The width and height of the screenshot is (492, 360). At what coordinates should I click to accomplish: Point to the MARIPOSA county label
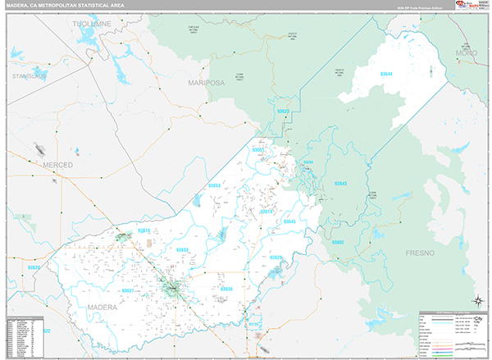(x=206, y=83)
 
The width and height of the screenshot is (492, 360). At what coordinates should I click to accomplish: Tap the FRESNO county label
(x=424, y=254)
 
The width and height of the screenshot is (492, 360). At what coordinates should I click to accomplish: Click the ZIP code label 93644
(x=387, y=75)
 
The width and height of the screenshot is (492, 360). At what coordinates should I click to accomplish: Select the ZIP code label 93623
(x=284, y=110)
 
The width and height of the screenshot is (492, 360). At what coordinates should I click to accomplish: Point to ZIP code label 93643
(x=340, y=184)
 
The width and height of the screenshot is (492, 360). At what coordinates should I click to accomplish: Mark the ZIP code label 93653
(x=214, y=185)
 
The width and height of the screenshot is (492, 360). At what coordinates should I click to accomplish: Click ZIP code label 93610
(x=144, y=231)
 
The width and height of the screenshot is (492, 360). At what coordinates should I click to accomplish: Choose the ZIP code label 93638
(x=182, y=249)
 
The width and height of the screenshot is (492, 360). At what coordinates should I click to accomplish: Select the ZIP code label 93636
(x=226, y=289)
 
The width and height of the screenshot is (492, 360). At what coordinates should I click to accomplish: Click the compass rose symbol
(x=477, y=299)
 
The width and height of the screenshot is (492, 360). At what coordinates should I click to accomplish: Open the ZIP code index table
(x=24, y=335)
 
